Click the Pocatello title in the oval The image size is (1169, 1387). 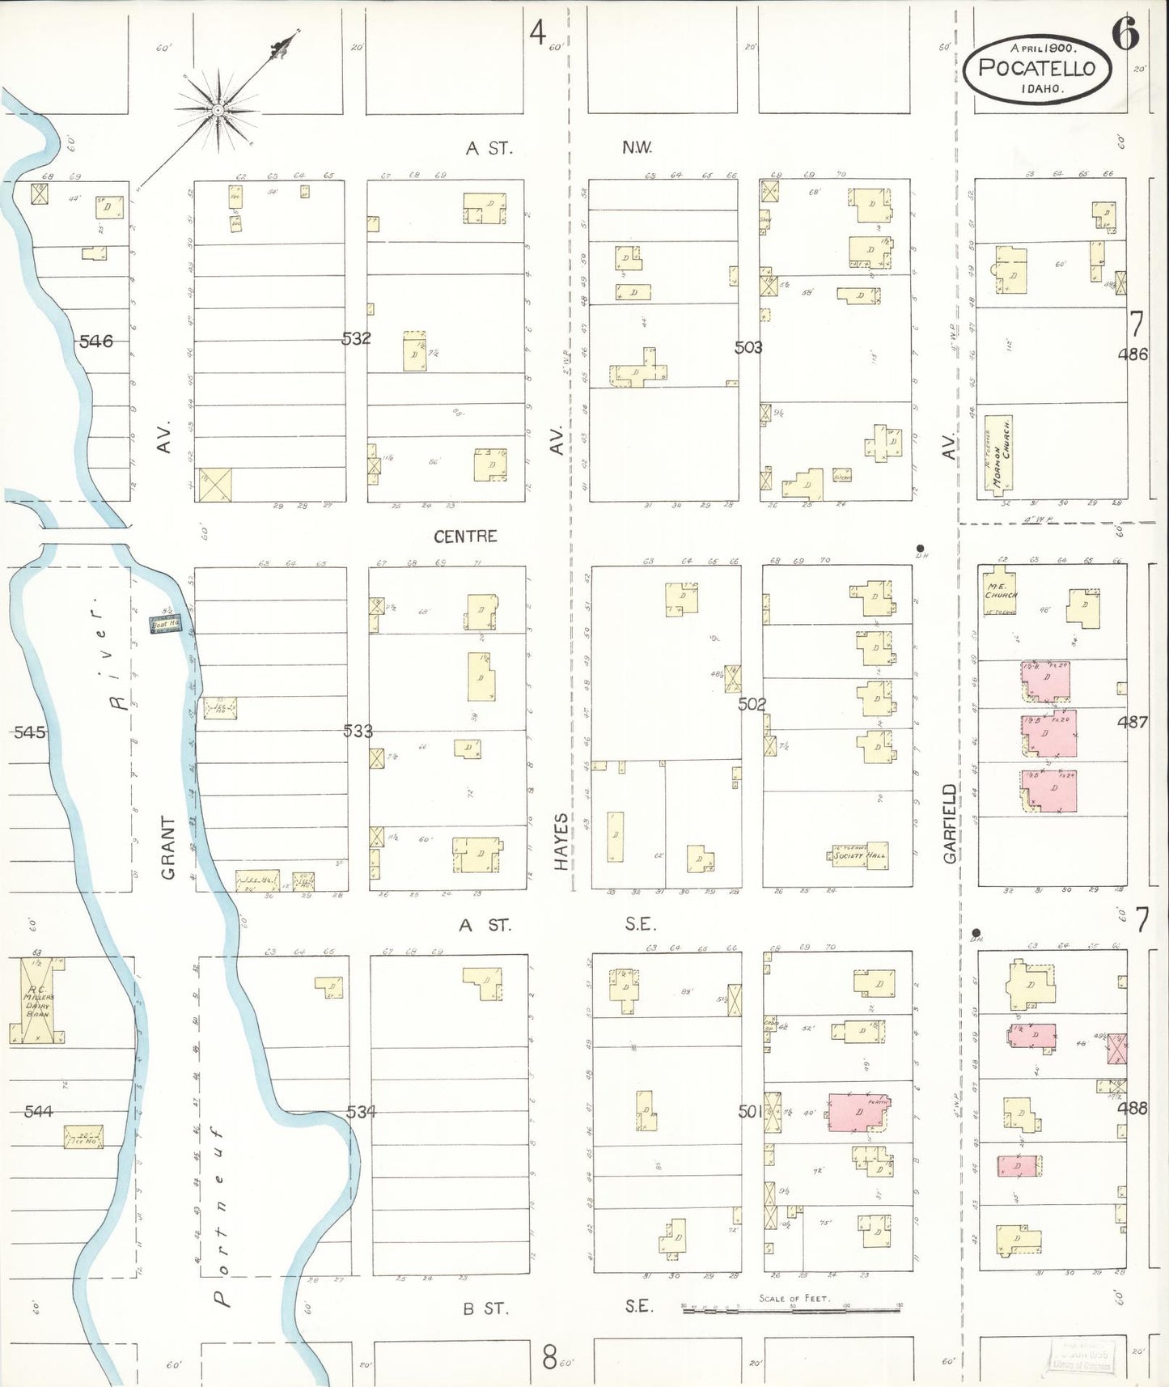1036,68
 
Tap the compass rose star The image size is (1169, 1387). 218,109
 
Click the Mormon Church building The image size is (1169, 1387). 999,455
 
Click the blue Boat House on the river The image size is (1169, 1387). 165,624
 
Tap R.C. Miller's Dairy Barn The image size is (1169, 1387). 37,1000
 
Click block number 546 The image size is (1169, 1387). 95,341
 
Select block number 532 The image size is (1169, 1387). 356,338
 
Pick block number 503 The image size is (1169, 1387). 748,347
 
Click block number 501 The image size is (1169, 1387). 750,1112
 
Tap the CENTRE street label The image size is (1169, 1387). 465,537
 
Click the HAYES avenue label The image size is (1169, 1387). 561,842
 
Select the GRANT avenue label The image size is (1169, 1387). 167,847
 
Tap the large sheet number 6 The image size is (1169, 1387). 1125,34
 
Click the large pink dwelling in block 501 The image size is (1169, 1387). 858,1112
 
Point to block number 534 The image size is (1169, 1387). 361,1112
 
